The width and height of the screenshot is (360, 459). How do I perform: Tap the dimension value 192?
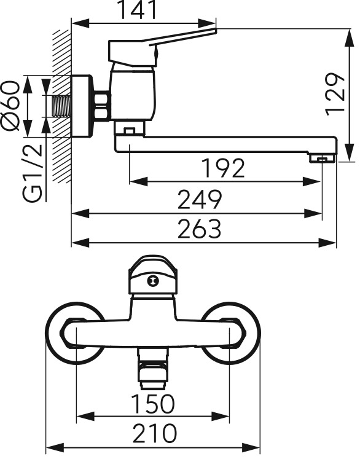click(224, 168)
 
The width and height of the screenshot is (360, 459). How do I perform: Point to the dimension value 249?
click(200, 200)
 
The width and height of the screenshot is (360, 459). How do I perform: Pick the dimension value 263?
click(200, 229)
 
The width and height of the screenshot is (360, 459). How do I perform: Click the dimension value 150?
click(153, 404)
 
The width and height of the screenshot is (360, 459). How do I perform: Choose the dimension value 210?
click(154, 433)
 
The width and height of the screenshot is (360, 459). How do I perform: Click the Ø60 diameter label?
click(10, 106)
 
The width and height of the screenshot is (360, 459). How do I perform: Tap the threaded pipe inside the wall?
click(62, 106)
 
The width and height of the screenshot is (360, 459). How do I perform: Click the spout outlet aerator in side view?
click(323, 159)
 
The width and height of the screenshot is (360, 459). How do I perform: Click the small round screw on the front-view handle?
click(152, 281)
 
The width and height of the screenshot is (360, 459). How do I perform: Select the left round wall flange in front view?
click(74, 333)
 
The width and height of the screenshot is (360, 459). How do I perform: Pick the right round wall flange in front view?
click(231, 333)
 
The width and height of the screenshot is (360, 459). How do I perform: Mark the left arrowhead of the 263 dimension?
click(80, 243)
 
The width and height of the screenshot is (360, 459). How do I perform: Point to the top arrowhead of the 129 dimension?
click(350, 37)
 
